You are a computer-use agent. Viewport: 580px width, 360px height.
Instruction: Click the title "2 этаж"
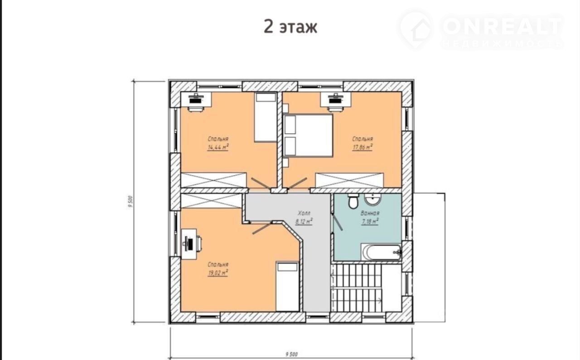[x=290, y=27]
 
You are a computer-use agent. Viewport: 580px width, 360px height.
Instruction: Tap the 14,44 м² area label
[x=218, y=147]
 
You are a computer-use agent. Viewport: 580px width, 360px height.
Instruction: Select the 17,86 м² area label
[x=362, y=147]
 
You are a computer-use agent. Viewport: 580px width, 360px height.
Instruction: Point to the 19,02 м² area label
[x=218, y=273]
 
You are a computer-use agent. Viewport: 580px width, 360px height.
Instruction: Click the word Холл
[x=304, y=213]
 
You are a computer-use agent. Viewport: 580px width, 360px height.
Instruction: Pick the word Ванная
[x=370, y=213]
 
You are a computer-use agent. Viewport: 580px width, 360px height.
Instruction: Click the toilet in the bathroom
[x=353, y=201]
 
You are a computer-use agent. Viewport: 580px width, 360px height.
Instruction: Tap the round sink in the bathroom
[x=373, y=199]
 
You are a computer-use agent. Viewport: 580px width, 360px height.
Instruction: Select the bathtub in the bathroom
[x=382, y=252]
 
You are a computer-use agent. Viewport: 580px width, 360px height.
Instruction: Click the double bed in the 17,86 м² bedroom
[x=308, y=135]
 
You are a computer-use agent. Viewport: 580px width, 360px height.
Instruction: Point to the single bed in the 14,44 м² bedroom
[x=266, y=117]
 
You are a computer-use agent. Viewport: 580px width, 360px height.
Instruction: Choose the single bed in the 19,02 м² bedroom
[x=288, y=287]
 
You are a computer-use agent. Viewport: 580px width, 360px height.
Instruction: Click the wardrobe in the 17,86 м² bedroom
[x=349, y=180]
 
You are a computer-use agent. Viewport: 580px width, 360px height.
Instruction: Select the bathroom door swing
[x=338, y=222]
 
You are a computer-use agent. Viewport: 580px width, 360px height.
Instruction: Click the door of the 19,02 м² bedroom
[x=262, y=229]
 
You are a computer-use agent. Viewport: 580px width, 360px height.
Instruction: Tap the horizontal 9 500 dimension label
[x=291, y=354]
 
